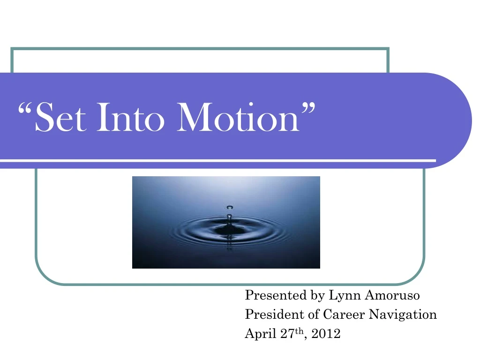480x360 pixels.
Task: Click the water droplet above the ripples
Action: pyautogui.click(x=229, y=207)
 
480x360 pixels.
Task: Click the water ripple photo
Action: pyautogui.click(x=226, y=244)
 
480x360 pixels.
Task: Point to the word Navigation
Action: pyautogui.click(x=403, y=315)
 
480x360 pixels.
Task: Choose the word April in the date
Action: pyautogui.click(x=258, y=334)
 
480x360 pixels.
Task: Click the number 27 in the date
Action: pyautogui.click(x=281, y=334)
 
